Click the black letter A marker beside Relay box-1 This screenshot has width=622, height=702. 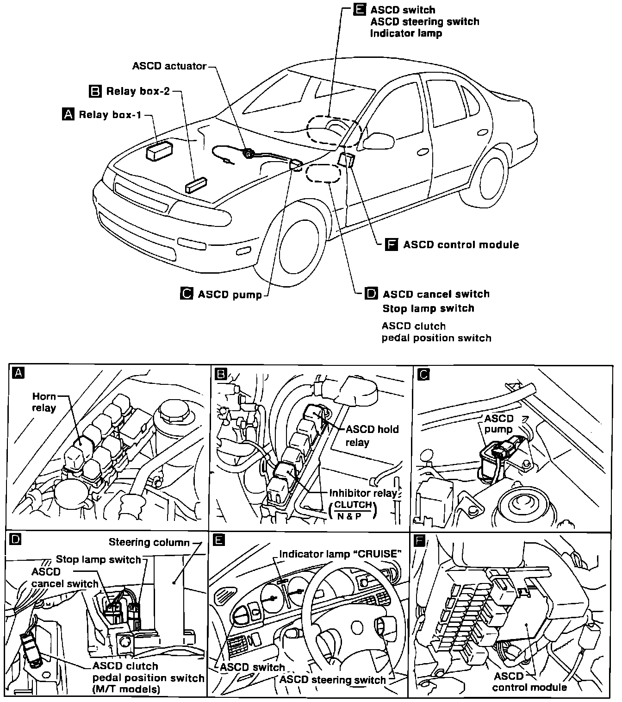(68, 114)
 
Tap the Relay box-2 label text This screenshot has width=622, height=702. (138, 91)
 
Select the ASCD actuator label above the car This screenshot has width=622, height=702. (169, 66)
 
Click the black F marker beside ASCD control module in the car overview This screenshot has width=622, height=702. (392, 244)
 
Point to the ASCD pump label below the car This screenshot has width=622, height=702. (230, 295)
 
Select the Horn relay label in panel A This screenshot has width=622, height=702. (44, 402)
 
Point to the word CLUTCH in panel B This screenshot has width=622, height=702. (353, 504)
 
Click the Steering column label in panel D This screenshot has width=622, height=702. (149, 542)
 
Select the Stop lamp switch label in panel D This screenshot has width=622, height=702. (98, 559)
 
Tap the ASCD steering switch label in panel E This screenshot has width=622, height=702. (332, 680)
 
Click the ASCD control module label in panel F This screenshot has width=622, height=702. (529, 681)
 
